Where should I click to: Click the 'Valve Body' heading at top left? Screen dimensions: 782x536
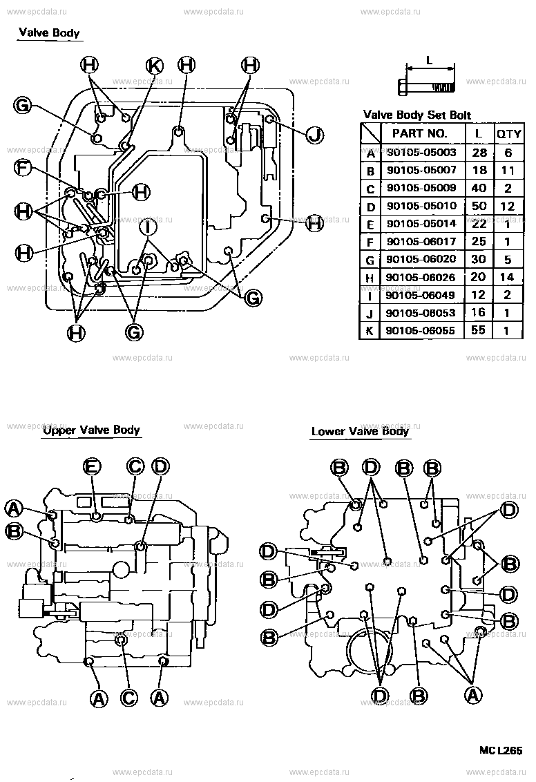tap(49, 32)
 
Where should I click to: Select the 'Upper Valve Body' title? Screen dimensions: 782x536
tap(91, 430)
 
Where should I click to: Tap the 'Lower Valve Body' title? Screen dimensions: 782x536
tap(360, 432)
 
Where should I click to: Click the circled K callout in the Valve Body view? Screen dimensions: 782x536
tap(154, 66)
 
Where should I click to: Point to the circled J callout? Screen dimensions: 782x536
tap(315, 134)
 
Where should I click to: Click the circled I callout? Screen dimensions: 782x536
tap(147, 226)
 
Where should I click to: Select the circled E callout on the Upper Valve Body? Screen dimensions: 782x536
tap(92, 467)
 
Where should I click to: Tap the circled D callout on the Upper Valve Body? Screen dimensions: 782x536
tap(160, 467)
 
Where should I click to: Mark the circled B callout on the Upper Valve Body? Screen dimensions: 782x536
tap(14, 531)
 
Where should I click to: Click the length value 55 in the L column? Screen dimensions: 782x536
tap(477, 331)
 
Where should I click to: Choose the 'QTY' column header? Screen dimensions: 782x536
tap(508, 133)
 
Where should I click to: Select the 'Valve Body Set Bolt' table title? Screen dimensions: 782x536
tap(417, 115)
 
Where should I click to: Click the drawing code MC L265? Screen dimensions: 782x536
tap(501, 750)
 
